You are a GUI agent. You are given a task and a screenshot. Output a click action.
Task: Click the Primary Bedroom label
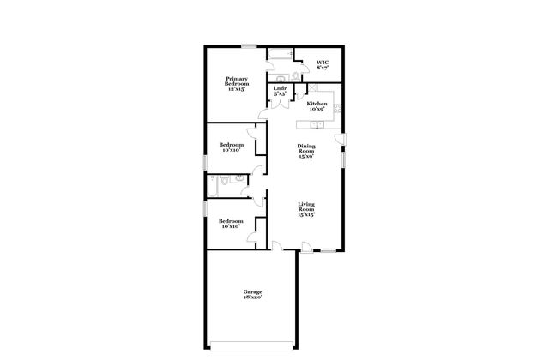236,83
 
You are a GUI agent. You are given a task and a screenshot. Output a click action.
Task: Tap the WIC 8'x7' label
323,65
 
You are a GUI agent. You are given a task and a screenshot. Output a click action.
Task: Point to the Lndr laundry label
280,90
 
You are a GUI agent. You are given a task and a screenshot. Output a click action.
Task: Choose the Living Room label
306,209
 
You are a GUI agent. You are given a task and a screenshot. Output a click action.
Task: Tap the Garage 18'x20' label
251,295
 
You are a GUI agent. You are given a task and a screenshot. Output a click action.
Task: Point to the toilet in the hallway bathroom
225,182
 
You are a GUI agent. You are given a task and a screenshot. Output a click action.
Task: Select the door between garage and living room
277,246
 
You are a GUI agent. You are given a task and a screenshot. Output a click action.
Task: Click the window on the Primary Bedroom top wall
249,45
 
